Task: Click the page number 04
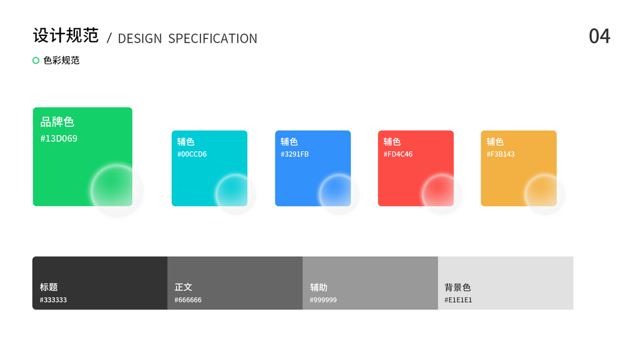(599, 37)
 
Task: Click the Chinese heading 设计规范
(66, 35)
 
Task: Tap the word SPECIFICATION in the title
(213, 38)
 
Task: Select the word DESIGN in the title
(140, 38)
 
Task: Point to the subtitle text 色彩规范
(61, 61)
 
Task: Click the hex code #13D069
(59, 139)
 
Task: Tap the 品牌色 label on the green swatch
(57, 122)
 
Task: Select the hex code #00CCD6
(192, 154)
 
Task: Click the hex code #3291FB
(295, 154)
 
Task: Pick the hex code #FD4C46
(398, 154)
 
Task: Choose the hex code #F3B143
(500, 154)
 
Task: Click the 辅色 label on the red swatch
(392, 142)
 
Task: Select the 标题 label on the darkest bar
(49, 287)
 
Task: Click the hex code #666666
(188, 300)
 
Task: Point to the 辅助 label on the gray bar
(319, 287)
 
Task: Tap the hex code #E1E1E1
(458, 300)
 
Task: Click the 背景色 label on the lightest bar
(458, 287)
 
